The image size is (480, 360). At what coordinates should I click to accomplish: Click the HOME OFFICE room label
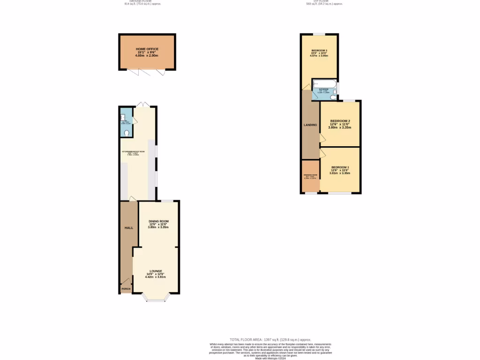tap(147, 49)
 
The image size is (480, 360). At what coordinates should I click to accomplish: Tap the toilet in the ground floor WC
tap(127, 133)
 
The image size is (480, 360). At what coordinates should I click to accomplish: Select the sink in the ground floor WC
tap(123, 117)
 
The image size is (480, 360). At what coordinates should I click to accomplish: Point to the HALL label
tap(128, 228)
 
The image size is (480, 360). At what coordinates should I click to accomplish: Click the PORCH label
tap(126, 289)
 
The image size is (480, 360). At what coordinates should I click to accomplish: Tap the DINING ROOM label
tap(158, 221)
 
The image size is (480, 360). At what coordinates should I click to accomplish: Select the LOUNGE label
tap(156, 271)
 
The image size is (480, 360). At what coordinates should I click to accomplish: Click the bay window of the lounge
tap(155, 297)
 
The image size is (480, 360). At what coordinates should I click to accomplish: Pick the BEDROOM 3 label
tap(319, 50)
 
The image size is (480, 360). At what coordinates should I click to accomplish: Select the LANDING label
tap(310, 125)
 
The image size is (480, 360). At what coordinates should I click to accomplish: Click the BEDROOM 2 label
tap(340, 121)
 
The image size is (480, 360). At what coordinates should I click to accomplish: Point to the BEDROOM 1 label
tap(340, 167)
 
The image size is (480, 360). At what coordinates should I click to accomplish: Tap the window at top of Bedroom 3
tap(319, 35)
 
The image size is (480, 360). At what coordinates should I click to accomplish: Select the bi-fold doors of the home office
tap(147, 72)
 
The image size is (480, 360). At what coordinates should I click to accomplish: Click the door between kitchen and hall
tap(133, 199)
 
